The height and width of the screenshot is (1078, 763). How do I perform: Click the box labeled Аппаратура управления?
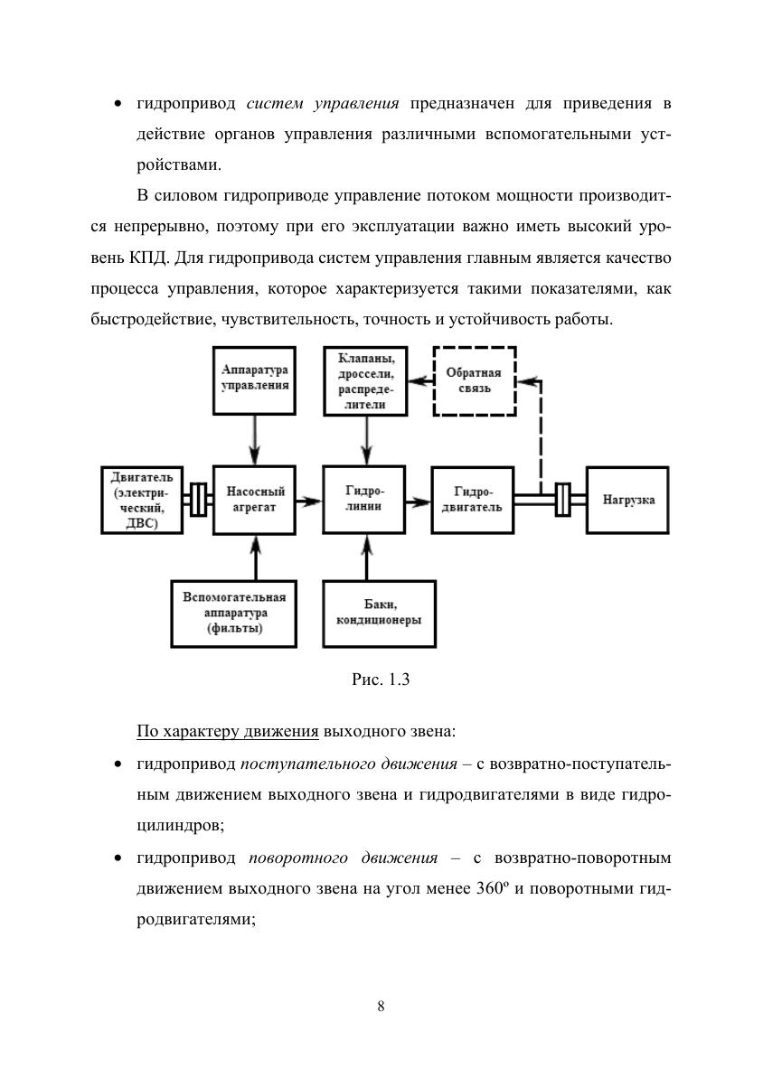point(256,380)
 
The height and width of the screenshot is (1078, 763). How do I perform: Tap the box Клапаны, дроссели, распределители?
point(365,380)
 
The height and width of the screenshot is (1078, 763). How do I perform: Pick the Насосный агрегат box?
point(256,500)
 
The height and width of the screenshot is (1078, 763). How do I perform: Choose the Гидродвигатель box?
point(473,500)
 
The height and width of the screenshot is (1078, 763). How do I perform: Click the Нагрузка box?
point(627,500)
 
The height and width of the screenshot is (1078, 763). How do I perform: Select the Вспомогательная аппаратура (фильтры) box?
point(234,614)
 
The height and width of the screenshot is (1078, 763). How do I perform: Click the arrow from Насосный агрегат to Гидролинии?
point(310,500)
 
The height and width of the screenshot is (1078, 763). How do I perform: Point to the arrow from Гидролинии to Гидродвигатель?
point(419,500)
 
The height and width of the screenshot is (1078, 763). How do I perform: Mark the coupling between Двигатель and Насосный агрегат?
point(197,500)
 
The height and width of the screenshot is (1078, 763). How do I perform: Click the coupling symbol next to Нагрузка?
point(562,500)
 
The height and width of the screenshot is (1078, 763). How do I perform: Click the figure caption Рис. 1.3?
point(381,680)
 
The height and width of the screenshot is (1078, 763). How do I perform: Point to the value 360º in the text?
point(488,886)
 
